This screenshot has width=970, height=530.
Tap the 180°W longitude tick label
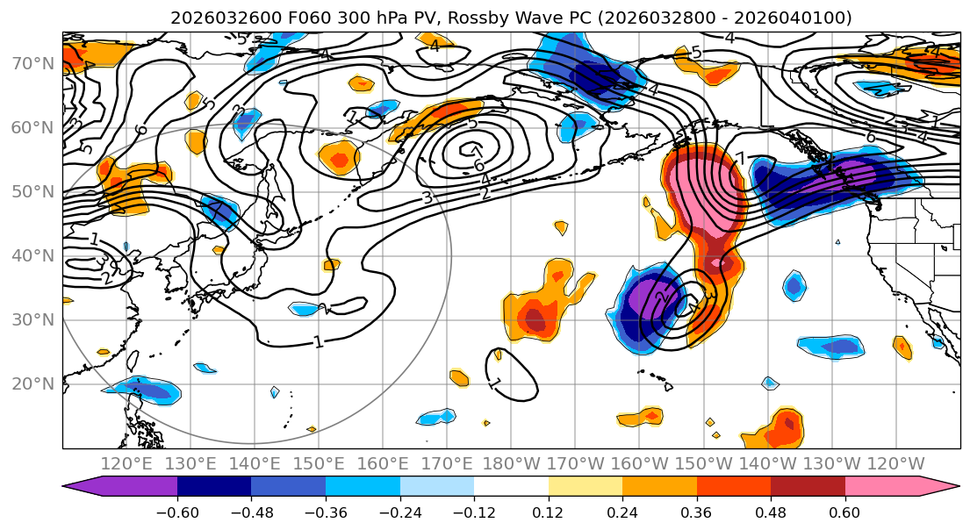[511, 464]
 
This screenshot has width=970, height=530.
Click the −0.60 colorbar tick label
[177, 512]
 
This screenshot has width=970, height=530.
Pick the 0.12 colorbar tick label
[548, 512]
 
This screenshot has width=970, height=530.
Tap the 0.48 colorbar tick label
[771, 512]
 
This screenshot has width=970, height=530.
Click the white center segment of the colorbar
[511, 488]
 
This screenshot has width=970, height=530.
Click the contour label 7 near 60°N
[477, 151]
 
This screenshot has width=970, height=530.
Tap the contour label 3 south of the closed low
[427, 197]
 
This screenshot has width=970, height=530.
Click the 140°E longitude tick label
[255, 464]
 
